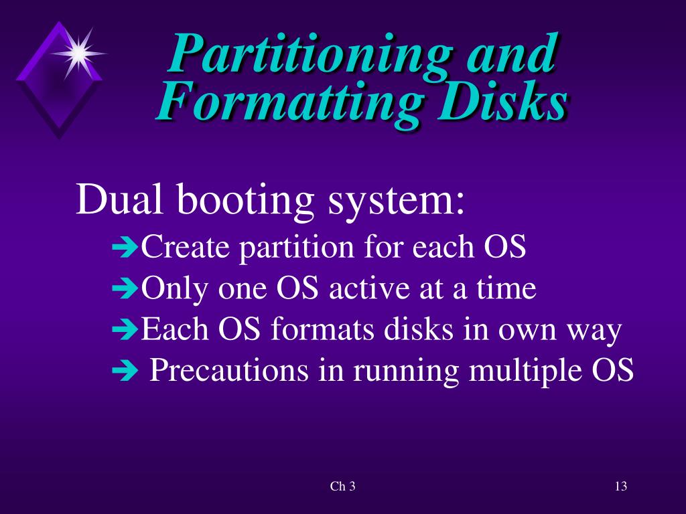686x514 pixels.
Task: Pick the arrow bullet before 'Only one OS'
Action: point(124,290)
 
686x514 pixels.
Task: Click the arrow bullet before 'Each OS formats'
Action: point(124,331)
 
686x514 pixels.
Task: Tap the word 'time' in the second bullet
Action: point(507,289)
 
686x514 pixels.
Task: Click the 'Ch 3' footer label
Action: point(342,487)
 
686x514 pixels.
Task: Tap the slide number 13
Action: point(620,487)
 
